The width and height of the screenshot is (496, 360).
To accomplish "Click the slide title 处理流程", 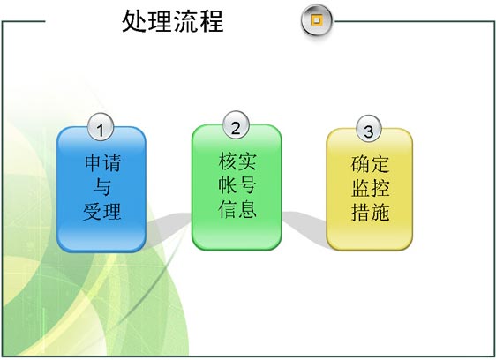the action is (173, 21).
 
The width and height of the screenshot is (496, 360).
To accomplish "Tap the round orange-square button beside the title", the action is (316, 20).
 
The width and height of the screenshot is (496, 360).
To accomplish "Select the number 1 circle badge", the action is (101, 127).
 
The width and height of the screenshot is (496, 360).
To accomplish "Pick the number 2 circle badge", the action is (236, 126).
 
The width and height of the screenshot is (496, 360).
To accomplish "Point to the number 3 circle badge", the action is (369, 129).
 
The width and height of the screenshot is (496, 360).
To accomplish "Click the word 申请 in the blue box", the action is (102, 163).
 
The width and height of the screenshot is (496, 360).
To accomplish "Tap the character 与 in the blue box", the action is (101, 187).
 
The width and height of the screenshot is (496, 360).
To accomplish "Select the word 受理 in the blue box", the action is (102, 211).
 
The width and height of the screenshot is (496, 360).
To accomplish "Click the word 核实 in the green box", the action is (237, 161).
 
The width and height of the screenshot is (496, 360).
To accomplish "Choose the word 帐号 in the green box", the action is (237, 185).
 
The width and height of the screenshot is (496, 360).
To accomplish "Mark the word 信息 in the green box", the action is (237, 209).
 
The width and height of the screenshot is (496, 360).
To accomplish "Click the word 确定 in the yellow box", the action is (370, 164).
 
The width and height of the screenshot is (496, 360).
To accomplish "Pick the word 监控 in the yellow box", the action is (370, 188).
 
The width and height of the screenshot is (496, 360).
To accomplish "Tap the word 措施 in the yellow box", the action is (370, 212).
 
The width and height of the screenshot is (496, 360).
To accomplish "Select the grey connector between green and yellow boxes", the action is (304, 226).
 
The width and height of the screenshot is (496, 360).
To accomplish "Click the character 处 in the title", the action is (134, 21).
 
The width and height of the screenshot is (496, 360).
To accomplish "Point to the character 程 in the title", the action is (211, 21).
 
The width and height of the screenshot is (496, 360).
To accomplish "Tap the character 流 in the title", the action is (185, 21).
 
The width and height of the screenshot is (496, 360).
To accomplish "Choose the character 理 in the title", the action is (160, 21).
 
